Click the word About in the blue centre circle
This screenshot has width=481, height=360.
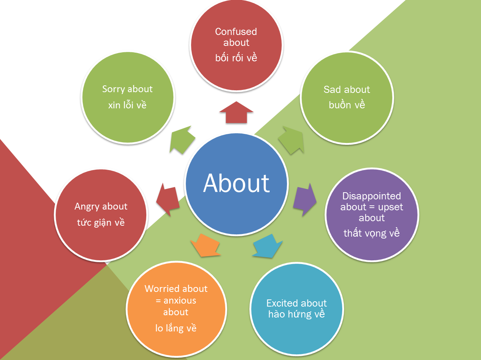point(236,184)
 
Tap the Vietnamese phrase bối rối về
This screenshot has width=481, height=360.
point(236,58)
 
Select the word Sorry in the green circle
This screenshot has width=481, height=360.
point(113,89)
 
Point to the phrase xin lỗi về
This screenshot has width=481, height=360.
point(127,105)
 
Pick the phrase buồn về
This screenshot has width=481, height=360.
point(347,105)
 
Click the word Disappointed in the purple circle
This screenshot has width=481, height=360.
point(372,196)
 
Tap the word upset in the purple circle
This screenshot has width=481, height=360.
point(390,207)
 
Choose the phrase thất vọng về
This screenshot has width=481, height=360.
point(372,233)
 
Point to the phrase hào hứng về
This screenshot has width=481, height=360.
point(296,314)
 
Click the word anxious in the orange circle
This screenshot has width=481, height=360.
point(180,301)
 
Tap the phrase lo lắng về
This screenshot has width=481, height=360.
point(176,328)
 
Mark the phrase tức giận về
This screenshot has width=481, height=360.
point(101,223)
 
